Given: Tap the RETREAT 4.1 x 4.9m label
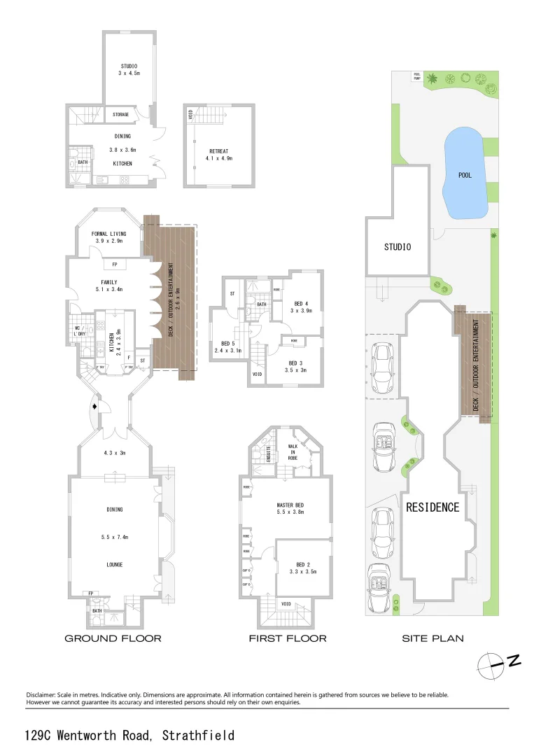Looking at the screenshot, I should tap(220, 155).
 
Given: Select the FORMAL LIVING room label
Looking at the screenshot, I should tap(109, 237).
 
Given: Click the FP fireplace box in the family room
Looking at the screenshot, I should tap(114, 265).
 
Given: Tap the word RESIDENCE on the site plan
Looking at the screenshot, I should tap(433, 507).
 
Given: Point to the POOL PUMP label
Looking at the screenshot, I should tap(417, 77).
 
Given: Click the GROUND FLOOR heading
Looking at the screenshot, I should tap(113, 638).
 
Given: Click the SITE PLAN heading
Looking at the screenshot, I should tap(433, 638).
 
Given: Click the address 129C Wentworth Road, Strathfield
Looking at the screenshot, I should tap(129, 735).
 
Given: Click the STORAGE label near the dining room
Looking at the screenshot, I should tap(120, 114).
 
